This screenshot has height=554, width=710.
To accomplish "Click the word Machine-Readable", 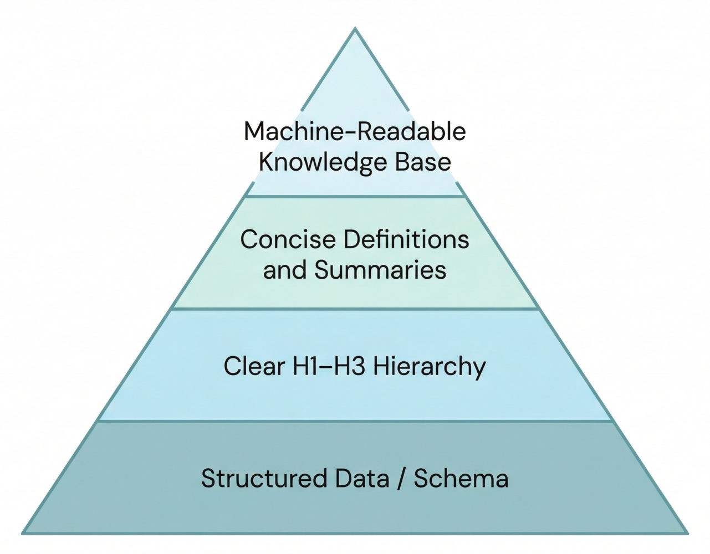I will pos(355,132).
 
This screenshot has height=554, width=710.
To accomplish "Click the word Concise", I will pos(288,240).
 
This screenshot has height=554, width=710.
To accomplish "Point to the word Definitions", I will pos(406,240).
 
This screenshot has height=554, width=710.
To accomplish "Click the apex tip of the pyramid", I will pos(355,29).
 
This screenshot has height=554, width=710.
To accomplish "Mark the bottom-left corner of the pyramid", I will pos(23,534).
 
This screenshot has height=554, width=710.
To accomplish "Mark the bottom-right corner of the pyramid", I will pos(687,534).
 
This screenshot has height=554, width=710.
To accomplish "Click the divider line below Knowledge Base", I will pos(355,196).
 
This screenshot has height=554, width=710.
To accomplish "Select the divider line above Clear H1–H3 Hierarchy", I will pos(355,309).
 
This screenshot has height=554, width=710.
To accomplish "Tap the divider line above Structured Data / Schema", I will pos(355,422).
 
